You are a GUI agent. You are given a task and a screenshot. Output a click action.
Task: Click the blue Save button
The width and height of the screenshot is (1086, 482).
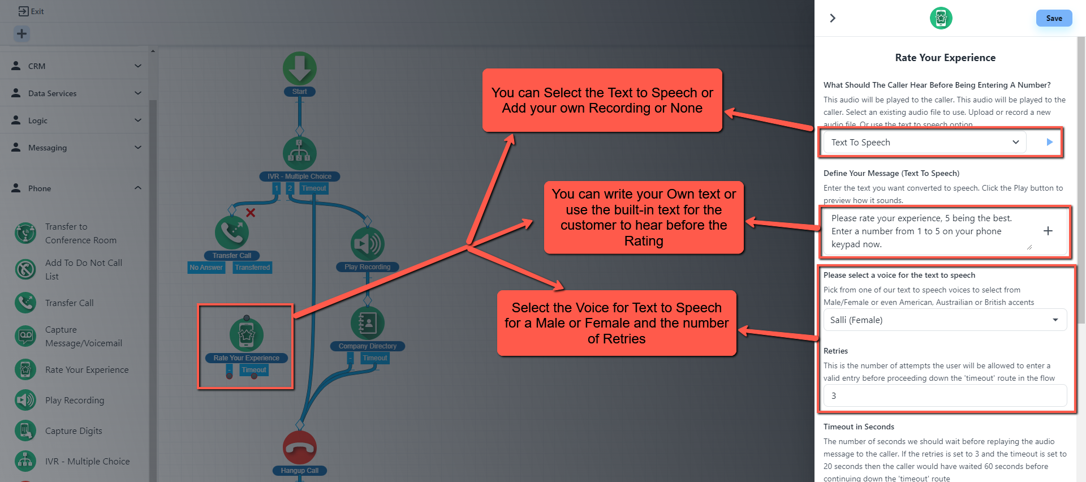pyautogui.click(x=1054, y=18)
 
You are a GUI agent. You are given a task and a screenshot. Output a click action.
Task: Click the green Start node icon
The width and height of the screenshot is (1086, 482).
pyautogui.click(x=299, y=68)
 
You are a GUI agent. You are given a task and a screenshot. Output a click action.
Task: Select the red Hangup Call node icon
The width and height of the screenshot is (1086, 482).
pyautogui.click(x=299, y=447)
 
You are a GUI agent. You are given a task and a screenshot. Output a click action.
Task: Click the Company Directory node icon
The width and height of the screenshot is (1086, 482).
pyautogui.click(x=367, y=323)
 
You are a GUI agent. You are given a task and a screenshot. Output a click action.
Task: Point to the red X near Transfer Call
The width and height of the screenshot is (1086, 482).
pyautogui.click(x=251, y=213)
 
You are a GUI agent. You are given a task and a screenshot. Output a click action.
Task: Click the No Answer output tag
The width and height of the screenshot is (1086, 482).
pyautogui.click(x=206, y=268)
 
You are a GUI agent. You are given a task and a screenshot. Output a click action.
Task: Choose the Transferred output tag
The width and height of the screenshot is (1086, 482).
pyautogui.click(x=252, y=268)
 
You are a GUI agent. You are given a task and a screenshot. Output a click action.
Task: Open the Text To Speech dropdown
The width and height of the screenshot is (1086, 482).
pyautogui.click(x=924, y=143)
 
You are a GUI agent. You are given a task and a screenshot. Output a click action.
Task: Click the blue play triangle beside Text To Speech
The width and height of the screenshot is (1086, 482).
pyautogui.click(x=1049, y=142)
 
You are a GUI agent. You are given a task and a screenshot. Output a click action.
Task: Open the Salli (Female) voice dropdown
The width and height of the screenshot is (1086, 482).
pyautogui.click(x=945, y=320)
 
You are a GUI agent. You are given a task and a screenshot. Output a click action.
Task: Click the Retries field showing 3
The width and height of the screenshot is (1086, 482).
pyautogui.click(x=945, y=396)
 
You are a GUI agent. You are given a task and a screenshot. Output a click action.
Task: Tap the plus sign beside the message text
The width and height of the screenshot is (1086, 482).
pyautogui.click(x=1048, y=231)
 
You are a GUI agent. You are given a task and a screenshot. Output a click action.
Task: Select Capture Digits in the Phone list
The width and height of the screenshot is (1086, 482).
pyautogui.click(x=74, y=431)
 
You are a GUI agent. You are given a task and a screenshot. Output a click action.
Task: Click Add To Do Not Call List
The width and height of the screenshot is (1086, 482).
pyautogui.click(x=83, y=269)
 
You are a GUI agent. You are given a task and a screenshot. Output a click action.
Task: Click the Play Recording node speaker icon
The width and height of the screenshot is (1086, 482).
pyautogui.click(x=367, y=244)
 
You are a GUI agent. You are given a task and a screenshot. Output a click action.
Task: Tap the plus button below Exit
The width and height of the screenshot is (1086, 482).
pyautogui.click(x=21, y=34)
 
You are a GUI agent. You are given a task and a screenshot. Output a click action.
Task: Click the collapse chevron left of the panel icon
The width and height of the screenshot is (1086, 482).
pyautogui.click(x=833, y=18)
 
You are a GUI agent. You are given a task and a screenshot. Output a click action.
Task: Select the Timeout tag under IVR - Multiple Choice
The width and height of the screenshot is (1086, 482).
pyautogui.click(x=313, y=188)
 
